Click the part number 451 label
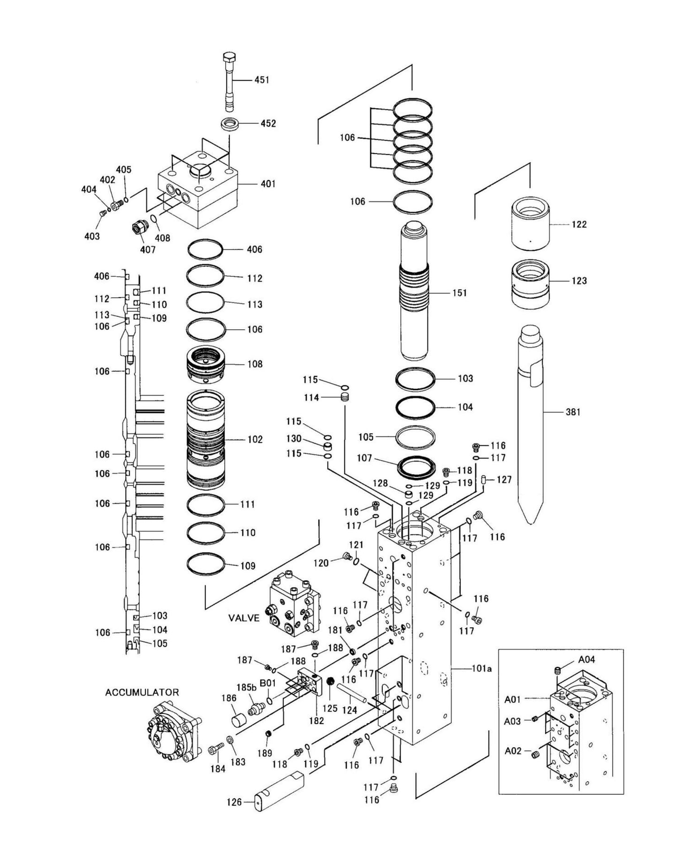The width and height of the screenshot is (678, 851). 261,80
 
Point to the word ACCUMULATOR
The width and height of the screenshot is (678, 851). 142,692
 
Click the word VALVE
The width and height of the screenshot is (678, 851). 244,618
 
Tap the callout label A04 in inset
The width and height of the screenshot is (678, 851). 587,659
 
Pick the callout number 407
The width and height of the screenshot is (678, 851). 148,250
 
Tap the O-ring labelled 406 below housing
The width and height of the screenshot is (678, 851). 206,249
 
